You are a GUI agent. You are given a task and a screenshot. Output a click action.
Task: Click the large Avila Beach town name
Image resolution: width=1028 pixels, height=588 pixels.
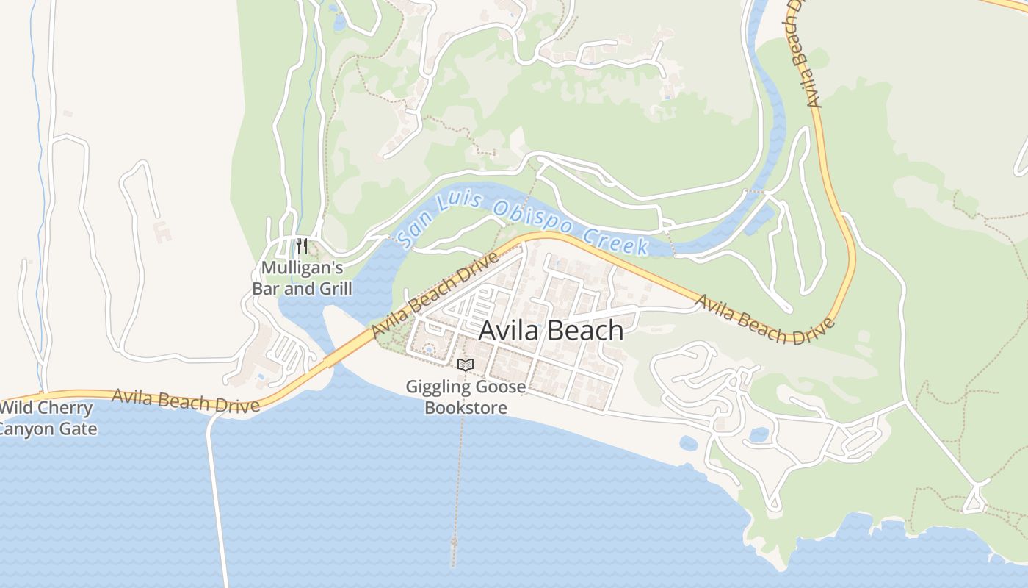(551, 331)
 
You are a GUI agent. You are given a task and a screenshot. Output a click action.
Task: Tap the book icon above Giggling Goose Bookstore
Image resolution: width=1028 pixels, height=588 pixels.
(466, 364)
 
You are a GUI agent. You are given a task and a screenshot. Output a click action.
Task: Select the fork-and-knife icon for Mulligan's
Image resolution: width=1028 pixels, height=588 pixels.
(301, 245)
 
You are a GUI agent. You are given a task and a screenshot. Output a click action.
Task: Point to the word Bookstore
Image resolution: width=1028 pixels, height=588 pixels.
(466, 407)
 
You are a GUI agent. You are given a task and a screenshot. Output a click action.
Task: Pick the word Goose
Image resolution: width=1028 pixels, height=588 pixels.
(502, 387)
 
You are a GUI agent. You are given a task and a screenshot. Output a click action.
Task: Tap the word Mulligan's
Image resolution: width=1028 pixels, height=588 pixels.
(302, 268)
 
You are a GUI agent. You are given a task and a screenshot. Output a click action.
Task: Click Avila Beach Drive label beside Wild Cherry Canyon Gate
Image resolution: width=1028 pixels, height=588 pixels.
(185, 401)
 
